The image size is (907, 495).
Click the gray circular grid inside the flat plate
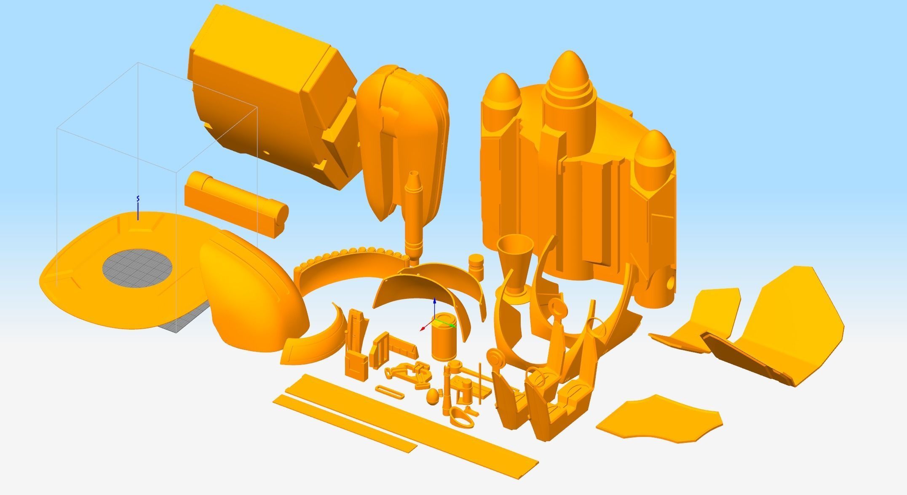click(x=137, y=268)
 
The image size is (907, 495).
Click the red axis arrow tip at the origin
click(x=423, y=329)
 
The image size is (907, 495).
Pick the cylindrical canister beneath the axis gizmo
click(x=443, y=343)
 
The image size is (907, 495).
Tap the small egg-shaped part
click(x=433, y=396)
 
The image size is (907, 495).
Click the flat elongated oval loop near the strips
click(x=389, y=392)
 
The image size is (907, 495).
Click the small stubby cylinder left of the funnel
click(x=476, y=266)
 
